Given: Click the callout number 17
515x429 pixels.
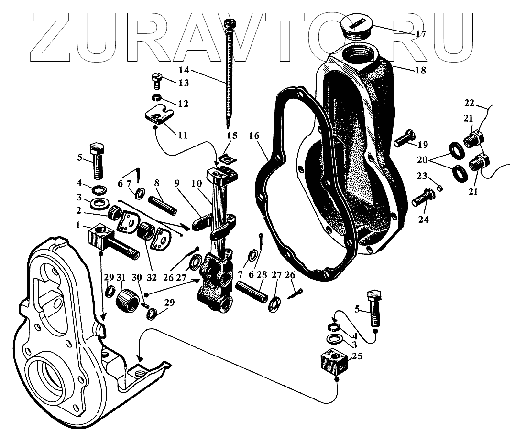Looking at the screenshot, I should click(420, 34).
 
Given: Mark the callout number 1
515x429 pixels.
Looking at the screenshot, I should click(77, 224).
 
